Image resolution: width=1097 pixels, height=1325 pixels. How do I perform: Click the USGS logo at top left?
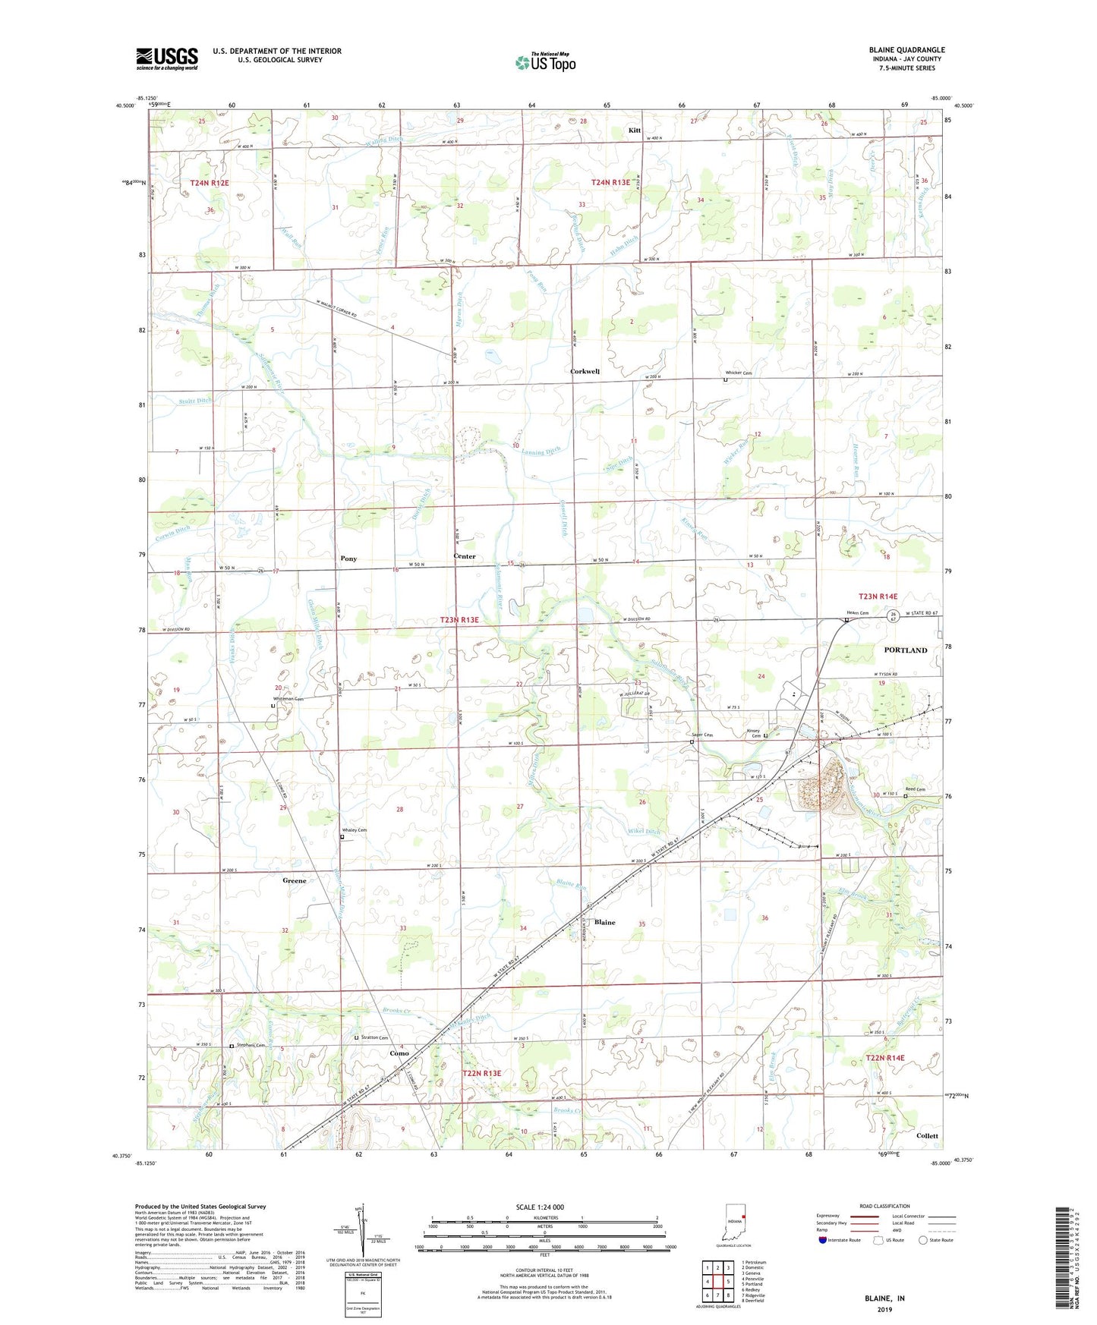166,58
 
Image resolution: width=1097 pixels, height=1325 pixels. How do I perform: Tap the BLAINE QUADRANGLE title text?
906,50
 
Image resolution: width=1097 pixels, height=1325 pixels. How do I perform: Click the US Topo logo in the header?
545,62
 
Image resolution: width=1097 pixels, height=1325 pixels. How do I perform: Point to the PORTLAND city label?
905,650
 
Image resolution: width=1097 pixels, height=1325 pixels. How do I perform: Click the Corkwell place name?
585,372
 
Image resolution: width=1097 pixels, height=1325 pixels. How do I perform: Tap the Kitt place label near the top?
635,131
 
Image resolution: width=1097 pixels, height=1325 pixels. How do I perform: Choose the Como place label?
399,1053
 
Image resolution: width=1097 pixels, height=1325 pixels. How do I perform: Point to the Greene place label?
295,880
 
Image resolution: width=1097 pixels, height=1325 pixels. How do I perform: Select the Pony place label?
348,559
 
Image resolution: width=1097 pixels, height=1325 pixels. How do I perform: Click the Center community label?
464,556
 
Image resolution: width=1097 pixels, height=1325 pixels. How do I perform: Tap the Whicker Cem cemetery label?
739,373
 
